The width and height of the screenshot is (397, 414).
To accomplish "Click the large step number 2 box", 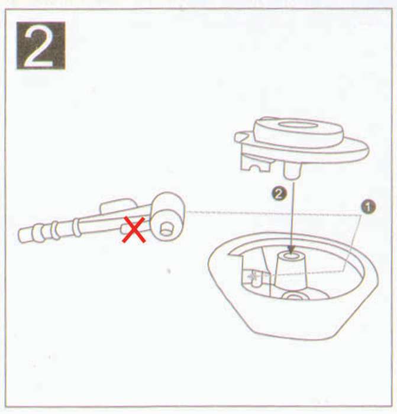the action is coord(41,46).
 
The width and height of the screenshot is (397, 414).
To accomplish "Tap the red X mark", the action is coord(134,229).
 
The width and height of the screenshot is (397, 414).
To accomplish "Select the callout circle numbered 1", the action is coord(368,206).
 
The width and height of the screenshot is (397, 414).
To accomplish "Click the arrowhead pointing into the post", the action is coord(291,249).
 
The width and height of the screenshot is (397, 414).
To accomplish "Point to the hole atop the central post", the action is coord(291,256).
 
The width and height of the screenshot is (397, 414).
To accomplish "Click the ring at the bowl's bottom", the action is coord(293,296).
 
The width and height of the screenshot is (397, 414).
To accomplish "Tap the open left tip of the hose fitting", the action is coord(22,236).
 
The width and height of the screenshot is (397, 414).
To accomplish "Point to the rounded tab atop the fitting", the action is coord(118,206).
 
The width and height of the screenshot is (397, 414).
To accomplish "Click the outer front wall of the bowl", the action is coord(293,321).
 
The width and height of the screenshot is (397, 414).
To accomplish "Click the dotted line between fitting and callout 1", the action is coord(273,214).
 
